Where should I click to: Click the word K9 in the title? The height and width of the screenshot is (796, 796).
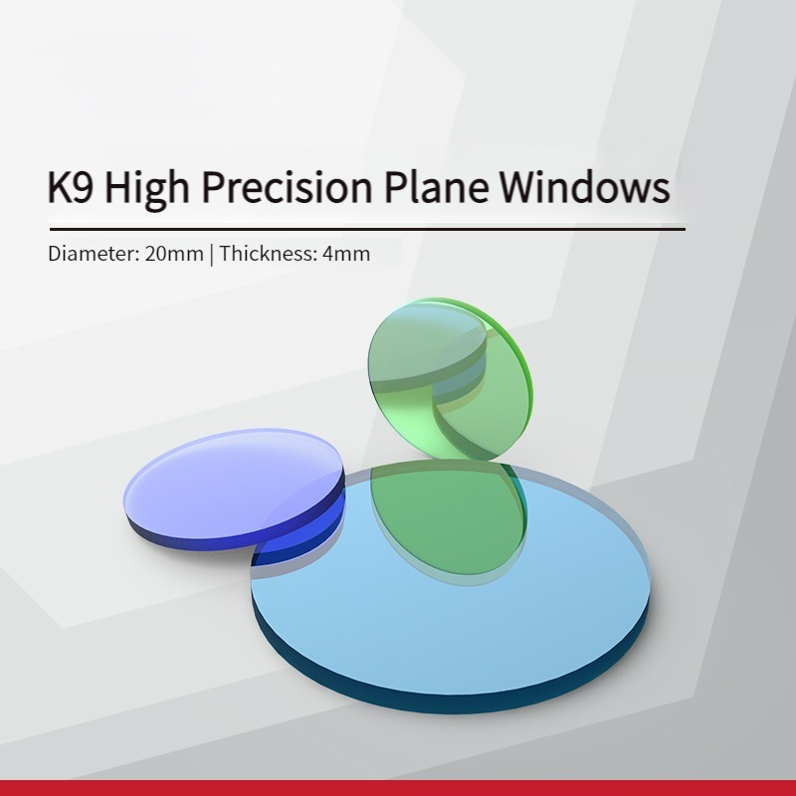point(71,186)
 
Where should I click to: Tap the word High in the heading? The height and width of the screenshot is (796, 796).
point(147,188)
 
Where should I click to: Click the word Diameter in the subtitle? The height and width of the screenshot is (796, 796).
point(94,254)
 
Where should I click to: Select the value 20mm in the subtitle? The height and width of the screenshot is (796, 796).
point(174,254)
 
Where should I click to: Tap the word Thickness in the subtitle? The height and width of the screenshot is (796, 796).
point(269,254)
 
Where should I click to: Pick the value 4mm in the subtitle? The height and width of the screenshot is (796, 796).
point(346,254)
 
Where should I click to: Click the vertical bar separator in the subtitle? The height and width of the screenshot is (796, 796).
point(212,254)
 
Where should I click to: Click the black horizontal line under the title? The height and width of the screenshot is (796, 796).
point(367,230)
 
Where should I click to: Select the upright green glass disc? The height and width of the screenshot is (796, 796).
point(450,379)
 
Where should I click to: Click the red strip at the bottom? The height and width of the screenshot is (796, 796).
point(398,788)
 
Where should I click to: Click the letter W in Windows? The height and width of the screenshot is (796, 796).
point(523,186)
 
